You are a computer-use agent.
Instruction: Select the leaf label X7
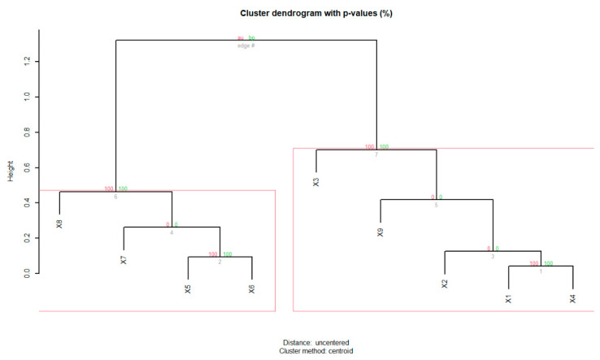[x=124, y=259]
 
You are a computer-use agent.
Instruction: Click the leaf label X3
[x=316, y=181]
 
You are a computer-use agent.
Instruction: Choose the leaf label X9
[x=380, y=232]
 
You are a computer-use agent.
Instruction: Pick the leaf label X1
[x=508, y=298]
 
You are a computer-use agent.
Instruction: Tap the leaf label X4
[x=572, y=298]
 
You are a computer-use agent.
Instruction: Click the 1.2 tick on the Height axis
[x=28, y=61]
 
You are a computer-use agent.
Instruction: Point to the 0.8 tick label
[x=28, y=132]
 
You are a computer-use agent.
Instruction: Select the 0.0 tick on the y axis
[x=28, y=274]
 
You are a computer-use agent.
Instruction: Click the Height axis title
[x=11, y=168]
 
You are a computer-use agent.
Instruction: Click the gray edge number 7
[x=376, y=154]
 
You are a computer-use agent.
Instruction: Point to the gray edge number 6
[x=115, y=196]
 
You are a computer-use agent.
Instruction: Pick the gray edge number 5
[x=436, y=204]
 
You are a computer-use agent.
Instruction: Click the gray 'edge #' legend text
[x=246, y=45]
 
